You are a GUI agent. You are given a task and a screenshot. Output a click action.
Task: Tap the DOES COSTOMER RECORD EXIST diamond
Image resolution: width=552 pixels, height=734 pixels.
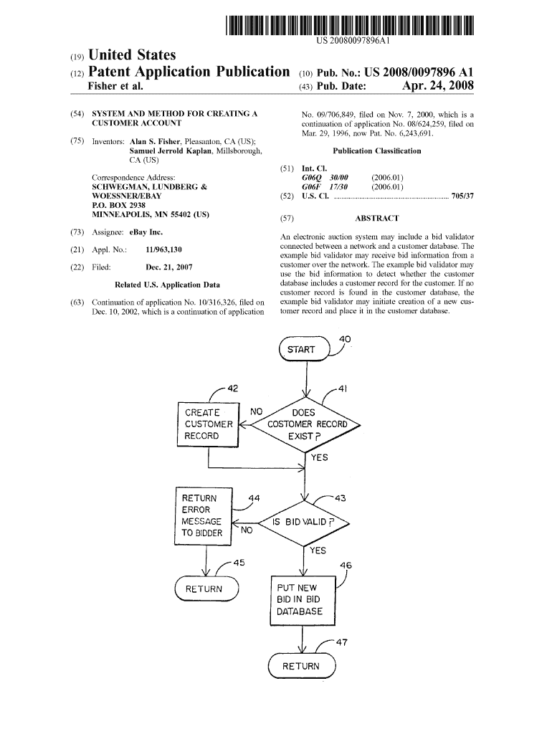click(x=307, y=424)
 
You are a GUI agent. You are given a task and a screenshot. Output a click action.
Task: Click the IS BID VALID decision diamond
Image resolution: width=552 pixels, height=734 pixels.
click(x=305, y=522)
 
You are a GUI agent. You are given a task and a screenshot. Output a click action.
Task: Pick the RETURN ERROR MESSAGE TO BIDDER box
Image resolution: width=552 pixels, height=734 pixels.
click(x=205, y=515)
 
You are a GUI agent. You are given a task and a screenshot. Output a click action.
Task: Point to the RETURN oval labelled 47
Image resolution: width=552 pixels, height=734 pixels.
click(x=301, y=666)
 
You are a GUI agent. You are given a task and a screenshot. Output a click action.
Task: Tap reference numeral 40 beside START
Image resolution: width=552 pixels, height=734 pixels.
click(x=345, y=339)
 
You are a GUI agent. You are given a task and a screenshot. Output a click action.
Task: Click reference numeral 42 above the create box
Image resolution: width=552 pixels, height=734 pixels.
click(x=232, y=389)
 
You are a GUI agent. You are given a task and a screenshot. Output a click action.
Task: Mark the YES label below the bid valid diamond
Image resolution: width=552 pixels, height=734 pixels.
click(x=317, y=550)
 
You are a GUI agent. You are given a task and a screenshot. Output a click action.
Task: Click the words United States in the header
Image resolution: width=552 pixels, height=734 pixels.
click(x=131, y=55)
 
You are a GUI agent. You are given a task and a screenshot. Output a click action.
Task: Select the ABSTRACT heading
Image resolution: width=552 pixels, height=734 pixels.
click(x=376, y=219)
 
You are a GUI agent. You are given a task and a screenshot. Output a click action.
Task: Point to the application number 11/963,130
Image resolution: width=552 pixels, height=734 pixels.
click(x=163, y=249)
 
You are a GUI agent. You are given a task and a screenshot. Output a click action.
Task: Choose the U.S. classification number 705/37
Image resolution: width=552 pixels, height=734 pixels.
click(x=463, y=195)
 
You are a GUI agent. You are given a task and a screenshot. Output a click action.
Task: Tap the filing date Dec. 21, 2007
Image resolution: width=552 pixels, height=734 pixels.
click(x=169, y=267)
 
